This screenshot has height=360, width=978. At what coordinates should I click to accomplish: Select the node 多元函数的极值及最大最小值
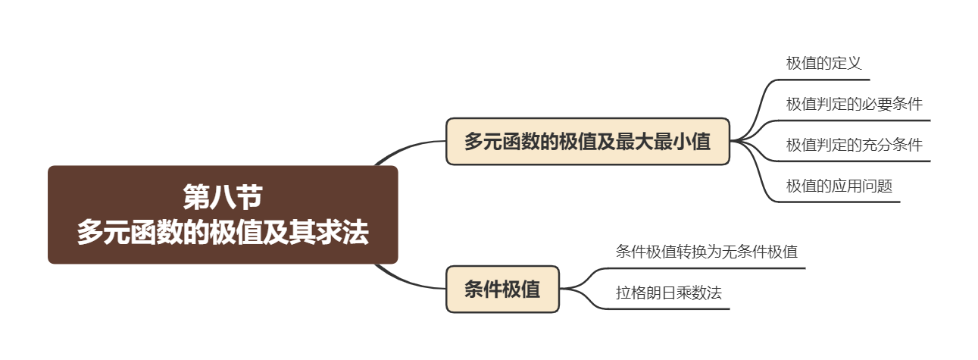(587, 141)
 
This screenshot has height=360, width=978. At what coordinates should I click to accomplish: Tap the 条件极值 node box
(502, 289)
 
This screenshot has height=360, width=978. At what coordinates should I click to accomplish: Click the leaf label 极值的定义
(823, 63)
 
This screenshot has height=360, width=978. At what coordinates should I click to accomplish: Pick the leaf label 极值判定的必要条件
(854, 104)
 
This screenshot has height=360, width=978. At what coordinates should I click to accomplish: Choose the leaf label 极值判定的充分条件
(854, 145)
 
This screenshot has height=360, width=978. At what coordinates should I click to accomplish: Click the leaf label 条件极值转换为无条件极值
(706, 251)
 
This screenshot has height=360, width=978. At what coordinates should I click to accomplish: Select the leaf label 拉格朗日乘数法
(668, 293)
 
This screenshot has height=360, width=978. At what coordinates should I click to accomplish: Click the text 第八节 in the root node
(223, 198)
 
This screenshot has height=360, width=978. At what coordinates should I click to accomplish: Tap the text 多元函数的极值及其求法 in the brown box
(223, 233)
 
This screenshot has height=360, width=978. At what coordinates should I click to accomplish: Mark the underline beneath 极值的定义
(826, 79)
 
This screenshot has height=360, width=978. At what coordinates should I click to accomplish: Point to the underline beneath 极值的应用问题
(841, 202)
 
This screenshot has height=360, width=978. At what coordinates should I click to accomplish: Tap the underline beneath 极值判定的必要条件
(856, 120)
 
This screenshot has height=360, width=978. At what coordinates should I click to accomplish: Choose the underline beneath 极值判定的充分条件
(856, 161)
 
